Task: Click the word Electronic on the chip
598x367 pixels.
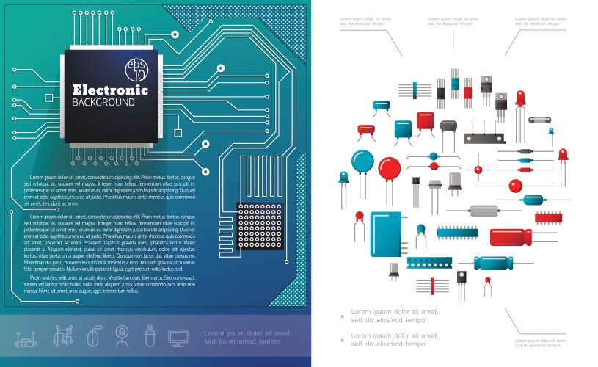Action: coord(110,90)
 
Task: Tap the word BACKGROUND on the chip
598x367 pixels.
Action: coord(103,103)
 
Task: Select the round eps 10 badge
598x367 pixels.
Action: coord(136,69)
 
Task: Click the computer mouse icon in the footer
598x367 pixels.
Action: coord(92,337)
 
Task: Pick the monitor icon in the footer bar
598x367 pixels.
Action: coord(178,337)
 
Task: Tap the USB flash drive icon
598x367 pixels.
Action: coord(149,337)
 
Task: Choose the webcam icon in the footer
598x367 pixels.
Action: coord(120,337)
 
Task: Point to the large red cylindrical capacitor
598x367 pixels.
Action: coord(511,237)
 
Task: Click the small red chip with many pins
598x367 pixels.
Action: coord(547,217)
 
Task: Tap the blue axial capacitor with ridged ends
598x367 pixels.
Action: coord(499,263)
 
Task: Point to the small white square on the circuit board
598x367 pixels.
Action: coord(177,132)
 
